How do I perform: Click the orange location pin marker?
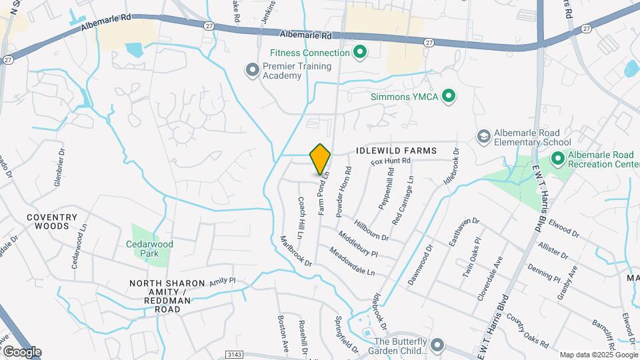[x=320, y=159]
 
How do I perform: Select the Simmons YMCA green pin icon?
[x=449, y=97]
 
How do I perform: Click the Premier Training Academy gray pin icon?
[x=252, y=70]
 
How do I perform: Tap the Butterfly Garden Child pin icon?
[x=437, y=345]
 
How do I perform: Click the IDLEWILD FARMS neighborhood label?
[x=396, y=151]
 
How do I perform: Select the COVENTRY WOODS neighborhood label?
[x=52, y=221]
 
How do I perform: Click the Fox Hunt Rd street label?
[x=390, y=161]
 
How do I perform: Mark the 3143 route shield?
[x=234, y=354]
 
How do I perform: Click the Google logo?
[x=21, y=352]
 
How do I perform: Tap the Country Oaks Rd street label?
[x=526, y=331]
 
